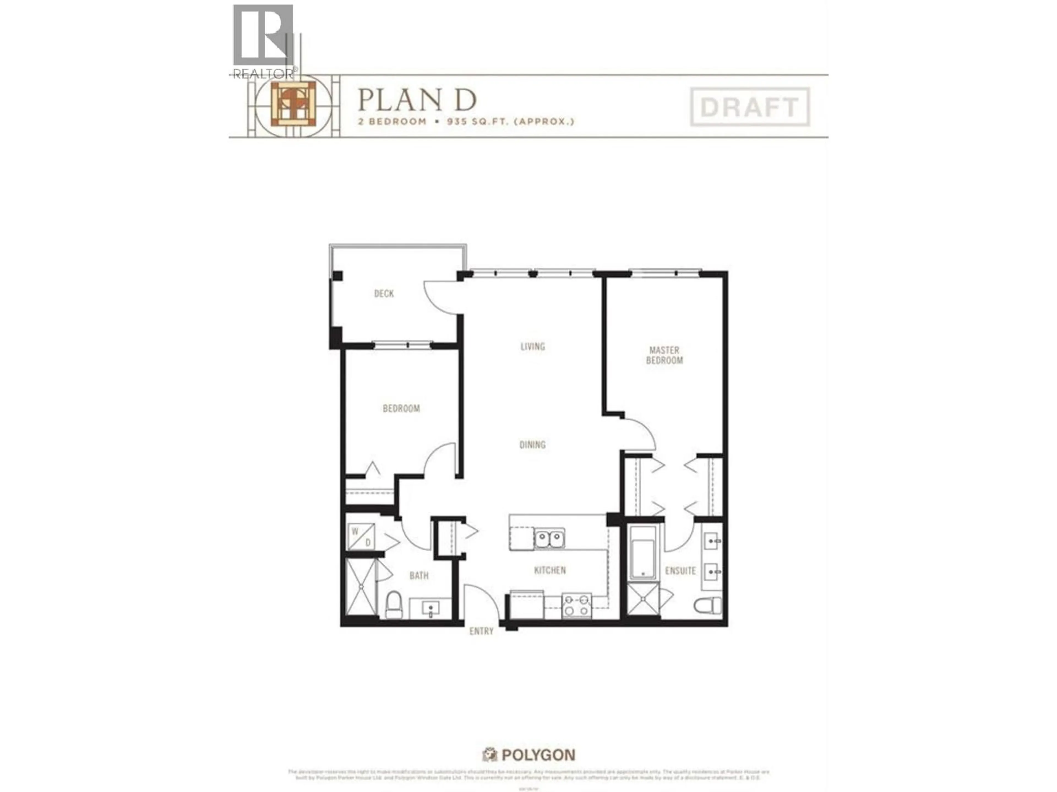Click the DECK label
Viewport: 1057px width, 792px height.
click(384, 294)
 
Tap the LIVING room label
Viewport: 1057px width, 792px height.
click(532, 346)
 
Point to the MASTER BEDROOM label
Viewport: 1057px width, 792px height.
click(664, 356)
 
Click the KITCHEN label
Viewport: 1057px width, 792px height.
click(549, 570)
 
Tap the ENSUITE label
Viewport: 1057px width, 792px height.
click(680, 571)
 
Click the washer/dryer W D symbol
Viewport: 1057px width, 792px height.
click(361, 537)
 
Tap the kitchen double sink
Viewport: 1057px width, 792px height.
click(549, 538)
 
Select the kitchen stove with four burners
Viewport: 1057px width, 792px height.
click(577, 605)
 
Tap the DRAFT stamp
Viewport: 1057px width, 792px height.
click(749, 107)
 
